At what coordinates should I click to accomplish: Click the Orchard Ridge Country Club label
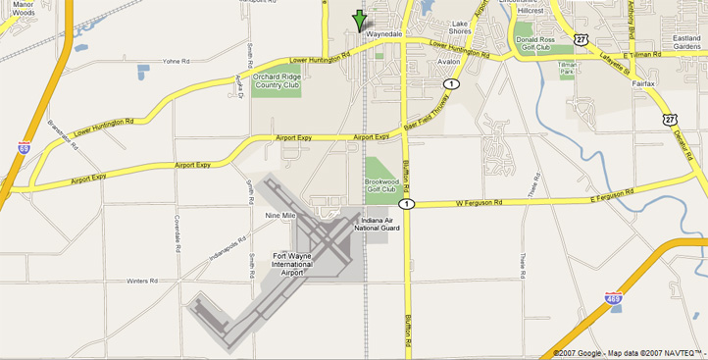point(278,80)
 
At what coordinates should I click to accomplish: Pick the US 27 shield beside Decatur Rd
point(669,118)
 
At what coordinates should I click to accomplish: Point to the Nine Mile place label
point(280,215)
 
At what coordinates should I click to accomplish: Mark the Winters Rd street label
point(142,282)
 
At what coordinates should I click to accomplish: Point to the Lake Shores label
point(460,27)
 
